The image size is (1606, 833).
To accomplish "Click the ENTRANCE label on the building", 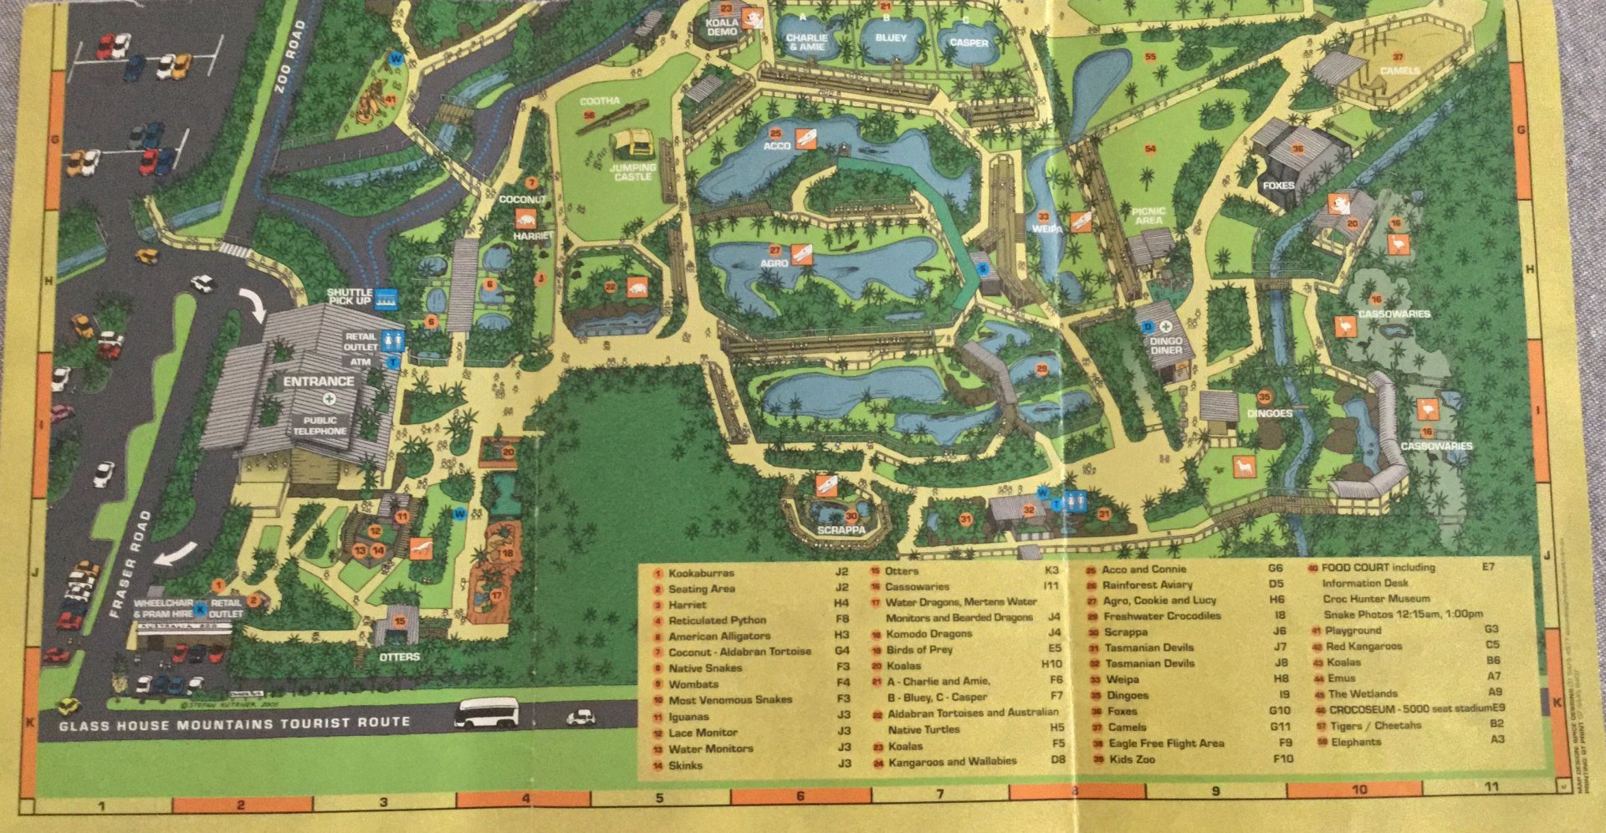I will pos(318,381).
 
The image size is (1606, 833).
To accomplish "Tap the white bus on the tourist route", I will pos(486,713).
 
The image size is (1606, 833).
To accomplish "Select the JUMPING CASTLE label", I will pos(632,171).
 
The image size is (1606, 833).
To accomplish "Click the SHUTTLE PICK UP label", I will pos(350,296).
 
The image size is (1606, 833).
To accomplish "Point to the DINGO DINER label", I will pos(1165,345).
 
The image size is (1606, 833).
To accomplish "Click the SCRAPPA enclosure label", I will pos(841,529).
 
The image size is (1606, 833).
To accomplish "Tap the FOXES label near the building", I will pos(1278,186).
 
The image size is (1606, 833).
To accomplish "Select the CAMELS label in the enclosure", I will pos(1399,71).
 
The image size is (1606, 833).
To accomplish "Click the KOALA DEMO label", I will pos(722,27).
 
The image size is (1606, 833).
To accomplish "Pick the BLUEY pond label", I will pos(891,38).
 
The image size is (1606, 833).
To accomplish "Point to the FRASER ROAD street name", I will pos(130,565).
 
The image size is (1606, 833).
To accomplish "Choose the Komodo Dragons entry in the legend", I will pos(928,634).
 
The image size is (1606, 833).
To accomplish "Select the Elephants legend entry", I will pos(1355,742).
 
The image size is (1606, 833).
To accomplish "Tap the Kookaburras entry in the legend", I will pos(701,573).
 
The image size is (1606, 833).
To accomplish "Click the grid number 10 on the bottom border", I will pos(1358,789).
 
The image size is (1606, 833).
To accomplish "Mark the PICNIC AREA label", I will pos(1148,216).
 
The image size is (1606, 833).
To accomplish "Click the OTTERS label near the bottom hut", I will pos(399,657).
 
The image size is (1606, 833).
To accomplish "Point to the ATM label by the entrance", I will pos(360,362).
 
